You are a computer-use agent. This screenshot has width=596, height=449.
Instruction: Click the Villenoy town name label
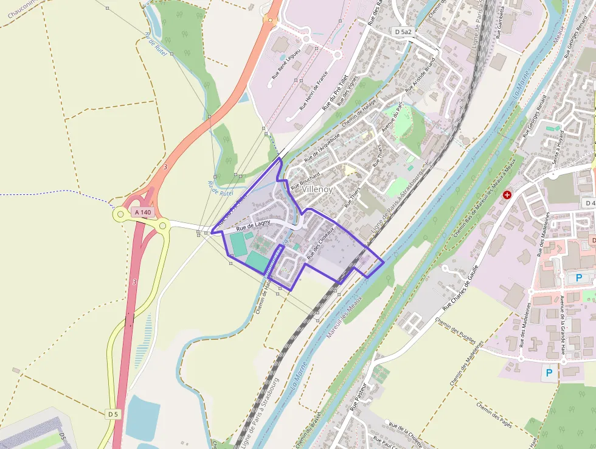pyautogui.click(x=317, y=189)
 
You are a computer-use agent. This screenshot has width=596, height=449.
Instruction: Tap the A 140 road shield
pyautogui.click(x=143, y=212)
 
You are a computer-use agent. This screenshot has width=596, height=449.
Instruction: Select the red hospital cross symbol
pyautogui.click(x=507, y=195)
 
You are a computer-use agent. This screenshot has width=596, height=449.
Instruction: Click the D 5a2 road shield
pyautogui.click(x=402, y=31)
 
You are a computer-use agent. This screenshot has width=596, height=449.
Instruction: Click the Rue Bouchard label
pyautogui.click(x=305, y=177)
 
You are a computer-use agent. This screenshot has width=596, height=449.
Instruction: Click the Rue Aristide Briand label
pyautogui.click(x=421, y=74)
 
